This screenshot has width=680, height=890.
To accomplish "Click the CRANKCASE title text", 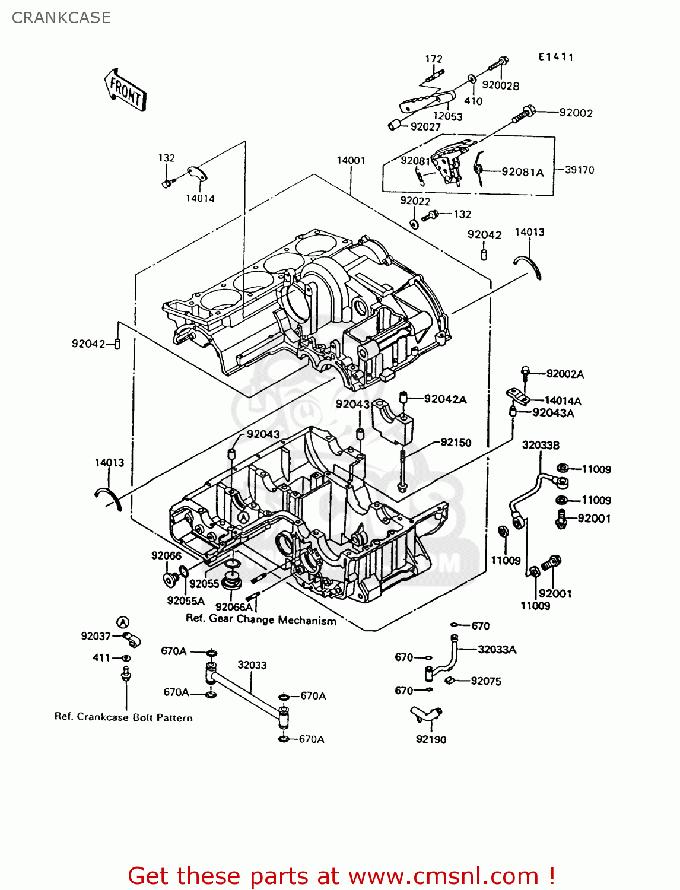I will pyautogui.click(x=61, y=18).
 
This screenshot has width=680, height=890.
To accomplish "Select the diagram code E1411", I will pyautogui.click(x=556, y=57).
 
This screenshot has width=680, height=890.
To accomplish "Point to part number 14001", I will pyautogui.click(x=351, y=160).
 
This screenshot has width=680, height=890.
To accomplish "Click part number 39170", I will pyautogui.click(x=579, y=170).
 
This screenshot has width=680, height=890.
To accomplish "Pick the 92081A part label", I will pyautogui.click(x=522, y=172).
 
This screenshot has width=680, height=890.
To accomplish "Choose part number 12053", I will pyautogui.click(x=447, y=116).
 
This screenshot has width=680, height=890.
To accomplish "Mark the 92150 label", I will pyautogui.click(x=456, y=443).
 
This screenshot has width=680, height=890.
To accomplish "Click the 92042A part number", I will pyautogui.click(x=445, y=399).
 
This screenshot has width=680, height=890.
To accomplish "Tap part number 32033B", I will pyautogui.click(x=541, y=445).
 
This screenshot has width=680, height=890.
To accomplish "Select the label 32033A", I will pyautogui.click(x=497, y=649).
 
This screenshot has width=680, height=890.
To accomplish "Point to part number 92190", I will pyautogui.click(x=431, y=739).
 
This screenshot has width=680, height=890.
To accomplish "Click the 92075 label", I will pyautogui.click(x=486, y=681).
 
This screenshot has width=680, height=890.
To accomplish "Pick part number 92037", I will pyautogui.click(x=96, y=636).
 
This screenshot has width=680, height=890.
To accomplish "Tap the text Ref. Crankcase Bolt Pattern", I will pyautogui.click(x=123, y=717).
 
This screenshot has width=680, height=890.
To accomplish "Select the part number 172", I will pyautogui.click(x=434, y=59).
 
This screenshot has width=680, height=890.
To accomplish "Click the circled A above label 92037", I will pyautogui.click(x=122, y=622).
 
